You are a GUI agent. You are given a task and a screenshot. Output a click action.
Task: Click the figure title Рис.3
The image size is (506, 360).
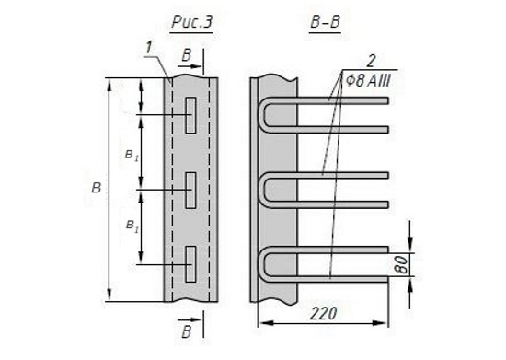pos(192,22)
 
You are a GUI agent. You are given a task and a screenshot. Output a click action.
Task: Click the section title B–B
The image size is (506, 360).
pos(325,22)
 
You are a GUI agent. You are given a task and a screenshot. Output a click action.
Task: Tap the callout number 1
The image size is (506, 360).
pos(148,49)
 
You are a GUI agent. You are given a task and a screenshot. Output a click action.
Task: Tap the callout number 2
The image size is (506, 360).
pos(371,61)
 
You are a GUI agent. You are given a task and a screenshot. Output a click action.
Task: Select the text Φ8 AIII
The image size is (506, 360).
pos(368,80)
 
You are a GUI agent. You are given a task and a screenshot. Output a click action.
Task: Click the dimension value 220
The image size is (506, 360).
pos(323,313)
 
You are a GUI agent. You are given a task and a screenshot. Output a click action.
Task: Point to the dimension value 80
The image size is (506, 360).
pos(401,265)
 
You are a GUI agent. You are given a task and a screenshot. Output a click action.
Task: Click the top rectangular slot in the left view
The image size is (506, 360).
pos(190,115)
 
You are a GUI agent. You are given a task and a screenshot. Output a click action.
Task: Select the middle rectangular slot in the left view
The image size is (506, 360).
pos(190,190)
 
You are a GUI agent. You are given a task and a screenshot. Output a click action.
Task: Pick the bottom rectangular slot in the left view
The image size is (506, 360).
pos(190,263)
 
